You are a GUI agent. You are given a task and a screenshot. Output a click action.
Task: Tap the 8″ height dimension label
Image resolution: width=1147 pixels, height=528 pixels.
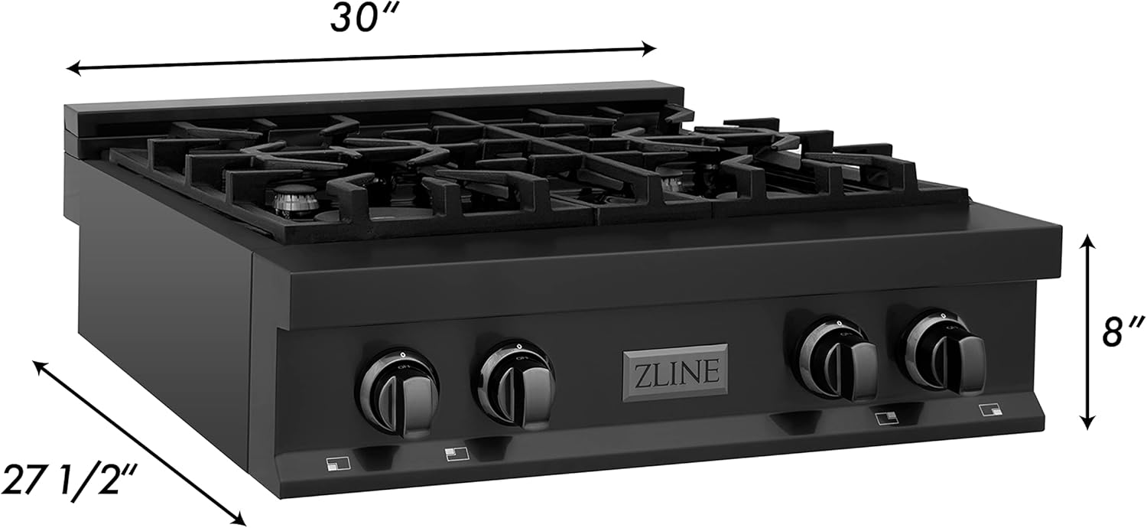[1123, 333]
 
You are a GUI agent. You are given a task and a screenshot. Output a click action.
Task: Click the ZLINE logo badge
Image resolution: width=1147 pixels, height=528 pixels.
[675, 373]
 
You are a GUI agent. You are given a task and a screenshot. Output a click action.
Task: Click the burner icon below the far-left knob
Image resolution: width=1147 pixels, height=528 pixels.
[338, 464]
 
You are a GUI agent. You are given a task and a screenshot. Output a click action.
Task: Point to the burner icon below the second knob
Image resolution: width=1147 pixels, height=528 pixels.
[457, 454]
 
